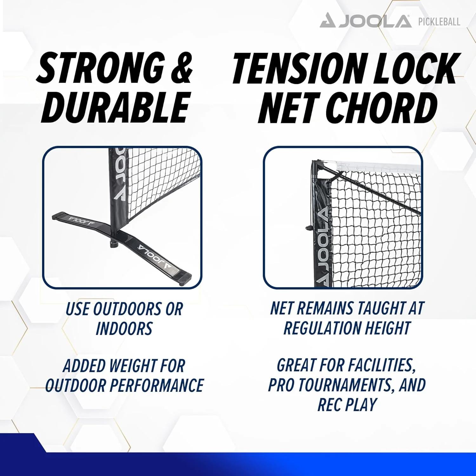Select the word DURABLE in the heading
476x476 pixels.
coord(116,107)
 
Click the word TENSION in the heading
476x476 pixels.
coord(299,69)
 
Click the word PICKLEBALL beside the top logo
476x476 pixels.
coord(439,22)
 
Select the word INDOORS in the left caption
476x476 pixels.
coord(124,329)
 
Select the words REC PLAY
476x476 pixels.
coord(347,405)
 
